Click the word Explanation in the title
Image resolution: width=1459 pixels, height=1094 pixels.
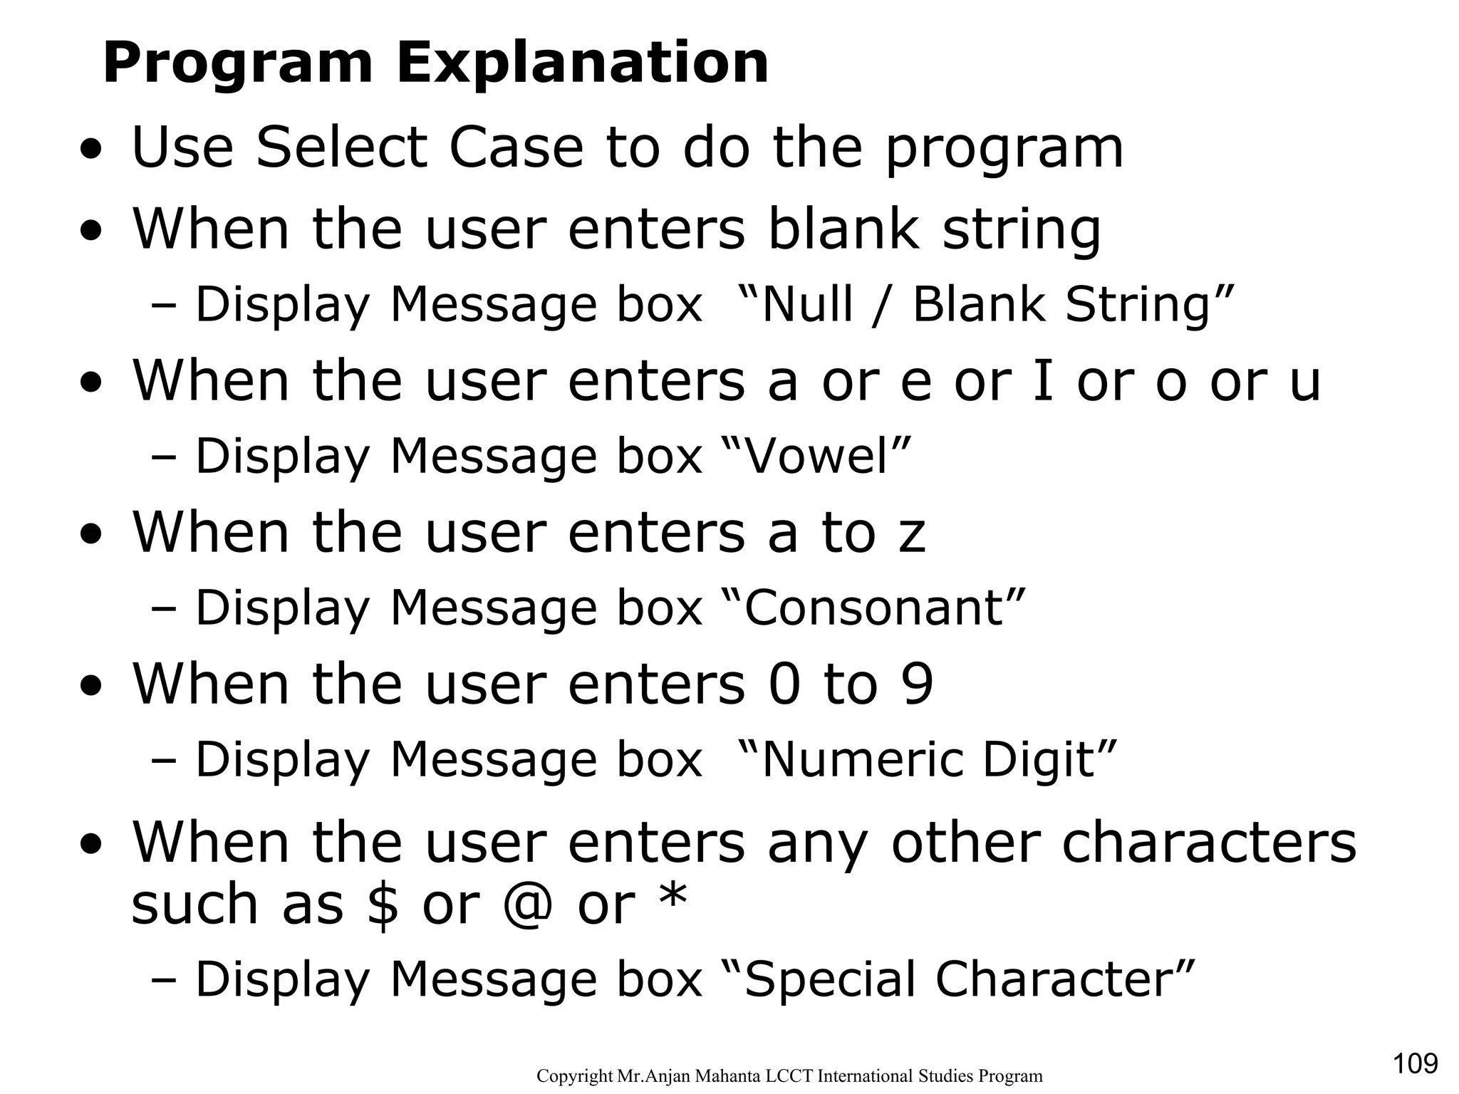click(x=582, y=64)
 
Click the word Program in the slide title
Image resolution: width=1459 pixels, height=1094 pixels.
click(x=238, y=64)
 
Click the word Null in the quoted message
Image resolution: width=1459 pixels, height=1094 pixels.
click(x=806, y=304)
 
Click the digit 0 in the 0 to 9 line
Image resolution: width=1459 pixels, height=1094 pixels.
click(x=784, y=684)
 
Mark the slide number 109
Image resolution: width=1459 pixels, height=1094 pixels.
click(x=1415, y=1063)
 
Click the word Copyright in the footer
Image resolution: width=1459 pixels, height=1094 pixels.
click(x=573, y=1076)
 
